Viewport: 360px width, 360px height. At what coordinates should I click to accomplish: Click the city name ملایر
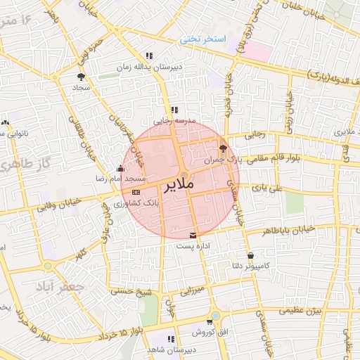coord(179,186)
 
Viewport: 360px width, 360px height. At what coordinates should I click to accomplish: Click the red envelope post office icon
coord(194,235)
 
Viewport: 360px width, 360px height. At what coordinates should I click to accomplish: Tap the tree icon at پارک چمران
coord(224,148)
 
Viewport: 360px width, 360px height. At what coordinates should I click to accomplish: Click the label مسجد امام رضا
coord(103,181)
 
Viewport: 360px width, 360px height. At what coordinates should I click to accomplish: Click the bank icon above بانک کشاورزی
coord(136,191)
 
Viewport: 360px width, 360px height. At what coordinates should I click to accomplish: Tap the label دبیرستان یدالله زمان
coord(149,67)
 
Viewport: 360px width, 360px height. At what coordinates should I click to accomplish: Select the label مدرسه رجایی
coord(173,121)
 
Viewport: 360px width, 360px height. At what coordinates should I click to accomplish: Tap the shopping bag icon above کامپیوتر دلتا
coord(250,255)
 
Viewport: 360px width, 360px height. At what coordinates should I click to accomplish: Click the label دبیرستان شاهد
coord(171,349)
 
